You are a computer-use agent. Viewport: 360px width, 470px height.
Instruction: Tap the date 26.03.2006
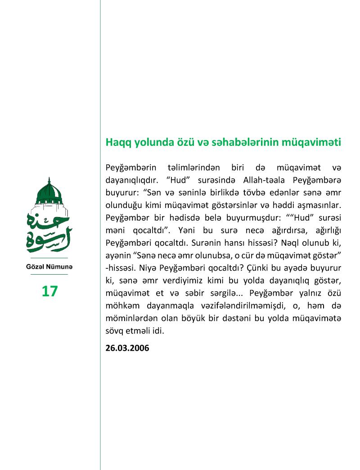(127, 348)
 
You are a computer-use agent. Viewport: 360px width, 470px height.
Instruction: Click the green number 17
(49, 291)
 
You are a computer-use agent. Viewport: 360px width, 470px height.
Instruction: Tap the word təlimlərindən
(194, 168)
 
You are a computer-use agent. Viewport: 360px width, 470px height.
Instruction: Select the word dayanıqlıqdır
(135, 180)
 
